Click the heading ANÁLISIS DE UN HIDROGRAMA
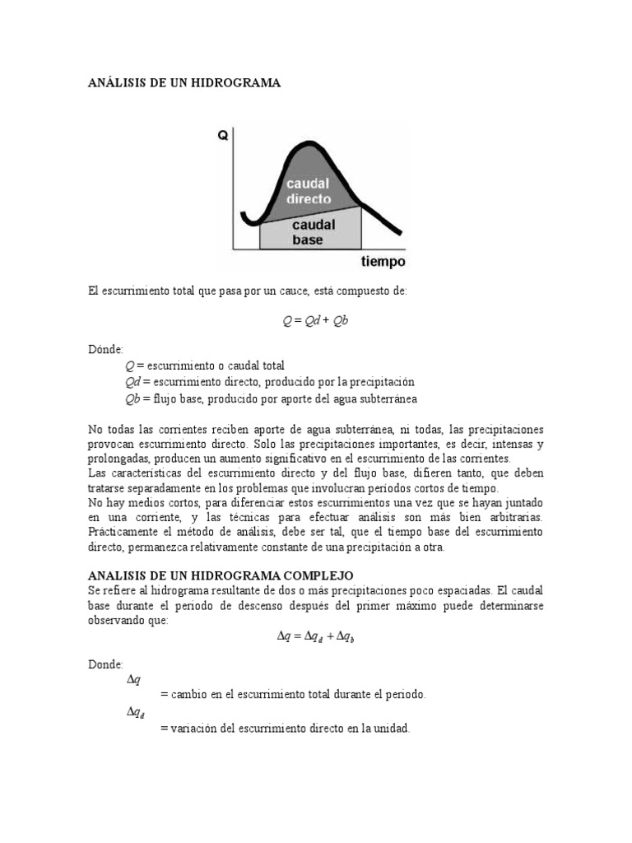184,83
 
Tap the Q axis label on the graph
222,137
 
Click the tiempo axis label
383,262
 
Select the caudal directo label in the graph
309,191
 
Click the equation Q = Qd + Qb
316,321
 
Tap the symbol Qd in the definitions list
133,382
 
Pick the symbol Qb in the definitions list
133,398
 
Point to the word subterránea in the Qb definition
381,398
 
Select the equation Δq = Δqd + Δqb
316,636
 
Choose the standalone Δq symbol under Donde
134,679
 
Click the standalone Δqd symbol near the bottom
136,713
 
